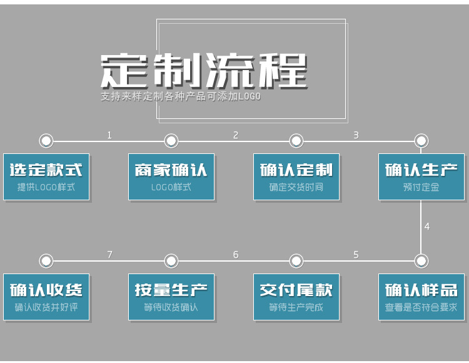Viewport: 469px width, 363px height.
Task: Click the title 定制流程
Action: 204,70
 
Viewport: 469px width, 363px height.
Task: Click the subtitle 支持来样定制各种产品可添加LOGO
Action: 181,97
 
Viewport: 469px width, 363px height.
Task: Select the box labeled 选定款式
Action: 46,176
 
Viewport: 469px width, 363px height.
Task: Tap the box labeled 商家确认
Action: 171,176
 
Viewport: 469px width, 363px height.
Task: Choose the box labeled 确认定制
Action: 296,176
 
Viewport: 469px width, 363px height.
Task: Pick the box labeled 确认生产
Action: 421,176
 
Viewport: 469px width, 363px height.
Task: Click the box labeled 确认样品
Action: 421,297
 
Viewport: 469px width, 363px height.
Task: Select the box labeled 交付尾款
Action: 296,297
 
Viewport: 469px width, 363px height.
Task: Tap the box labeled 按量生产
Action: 171,297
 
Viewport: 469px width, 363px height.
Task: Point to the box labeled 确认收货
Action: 46,297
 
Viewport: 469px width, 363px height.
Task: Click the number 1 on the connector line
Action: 109,135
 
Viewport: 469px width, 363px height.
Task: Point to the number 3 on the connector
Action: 356,135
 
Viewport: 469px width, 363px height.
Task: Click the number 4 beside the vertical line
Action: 427,227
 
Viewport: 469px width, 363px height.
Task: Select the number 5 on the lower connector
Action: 356,255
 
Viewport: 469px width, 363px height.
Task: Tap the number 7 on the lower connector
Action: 109,255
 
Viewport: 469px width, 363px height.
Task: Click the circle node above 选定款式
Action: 46,141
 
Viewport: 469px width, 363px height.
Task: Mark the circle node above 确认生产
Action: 421,141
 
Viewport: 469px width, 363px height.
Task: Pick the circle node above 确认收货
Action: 46,260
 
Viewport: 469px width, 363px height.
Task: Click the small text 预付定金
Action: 421,187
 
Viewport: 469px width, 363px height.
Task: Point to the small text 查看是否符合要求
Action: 421,307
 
